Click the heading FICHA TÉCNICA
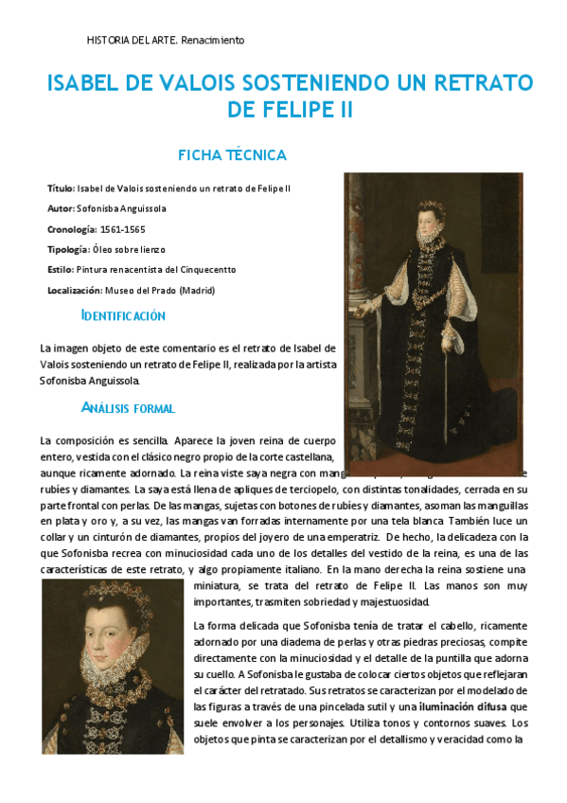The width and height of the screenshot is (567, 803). (x=232, y=154)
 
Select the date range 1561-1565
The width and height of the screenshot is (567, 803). (x=122, y=229)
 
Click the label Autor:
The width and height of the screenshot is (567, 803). (x=61, y=208)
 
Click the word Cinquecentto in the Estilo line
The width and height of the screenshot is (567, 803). (x=205, y=270)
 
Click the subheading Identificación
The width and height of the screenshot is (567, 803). (x=123, y=315)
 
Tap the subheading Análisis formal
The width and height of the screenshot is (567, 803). (x=128, y=408)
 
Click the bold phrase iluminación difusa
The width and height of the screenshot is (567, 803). (x=462, y=706)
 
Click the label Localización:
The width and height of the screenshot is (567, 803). (x=74, y=291)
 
